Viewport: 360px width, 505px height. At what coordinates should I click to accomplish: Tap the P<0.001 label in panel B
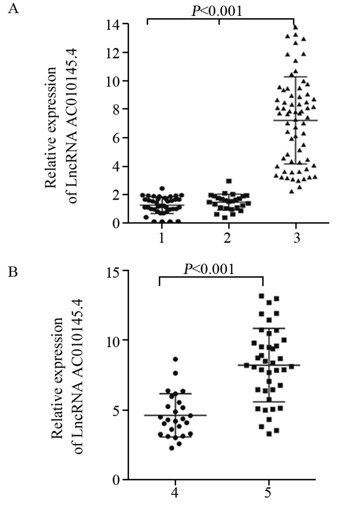coord(211,269)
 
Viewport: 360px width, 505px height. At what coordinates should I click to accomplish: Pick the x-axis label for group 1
coord(162,238)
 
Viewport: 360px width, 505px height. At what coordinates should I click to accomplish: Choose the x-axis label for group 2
coord(228,238)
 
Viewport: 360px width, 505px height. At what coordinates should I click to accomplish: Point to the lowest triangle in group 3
coord(292,191)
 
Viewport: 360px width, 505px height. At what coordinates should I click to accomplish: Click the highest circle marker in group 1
coord(161,189)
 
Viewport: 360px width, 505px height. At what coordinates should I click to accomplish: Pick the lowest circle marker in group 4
coord(172,448)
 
